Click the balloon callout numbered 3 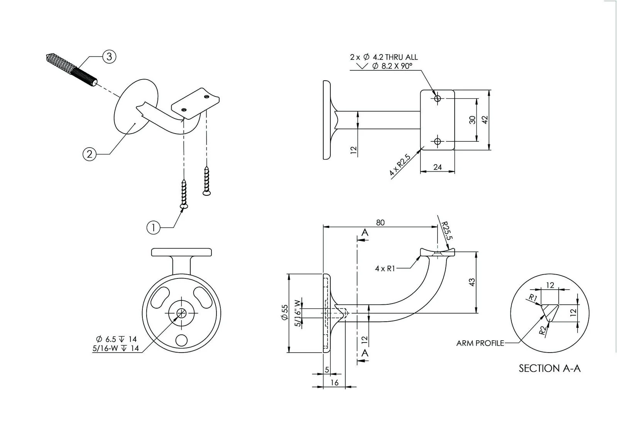pos(109,57)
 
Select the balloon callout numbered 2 pos(90,154)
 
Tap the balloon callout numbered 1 pos(154,227)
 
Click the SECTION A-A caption pos(549,368)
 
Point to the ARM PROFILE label pos(480,343)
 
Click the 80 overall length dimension pos(380,222)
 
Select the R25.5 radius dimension pos(446,231)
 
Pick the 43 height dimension pos(472,282)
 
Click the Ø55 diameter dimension pos(285,312)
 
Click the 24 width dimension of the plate pos(437,167)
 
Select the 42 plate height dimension pos(485,120)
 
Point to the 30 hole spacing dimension pos(472,120)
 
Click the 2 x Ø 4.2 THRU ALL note pos(384,57)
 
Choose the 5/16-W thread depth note pos(115,348)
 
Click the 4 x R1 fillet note pos(385,268)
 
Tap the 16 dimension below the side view pos(335,382)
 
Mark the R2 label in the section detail pos(543,330)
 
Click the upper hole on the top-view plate pos(437,98)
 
